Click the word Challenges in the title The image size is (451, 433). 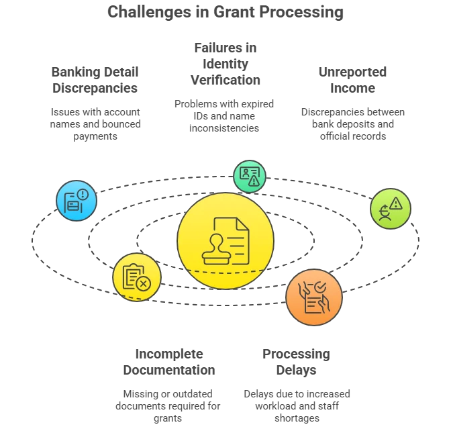[x=149, y=13]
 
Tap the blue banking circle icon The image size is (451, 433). [x=77, y=201]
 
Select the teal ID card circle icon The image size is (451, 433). [x=250, y=177]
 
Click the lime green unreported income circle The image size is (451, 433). [x=391, y=209]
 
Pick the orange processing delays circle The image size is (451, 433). [x=314, y=297]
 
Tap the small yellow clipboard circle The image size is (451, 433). [x=137, y=277]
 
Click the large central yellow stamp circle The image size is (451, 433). [x=225, y=241]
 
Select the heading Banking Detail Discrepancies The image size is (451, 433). [x=95, y=80]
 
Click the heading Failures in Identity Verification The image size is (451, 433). [x=225, y=64]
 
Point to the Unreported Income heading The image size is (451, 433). [x=352, y=80]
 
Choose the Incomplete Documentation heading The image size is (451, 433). [x=169, y=362]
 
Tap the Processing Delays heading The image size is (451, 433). [x=296, y=362]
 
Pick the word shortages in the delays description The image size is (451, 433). [x=297, y=418]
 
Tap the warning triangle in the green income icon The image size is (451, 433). [x=396, y=203]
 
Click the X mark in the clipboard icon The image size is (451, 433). [x=143, y=284]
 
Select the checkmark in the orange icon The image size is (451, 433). [x=320, y=287]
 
